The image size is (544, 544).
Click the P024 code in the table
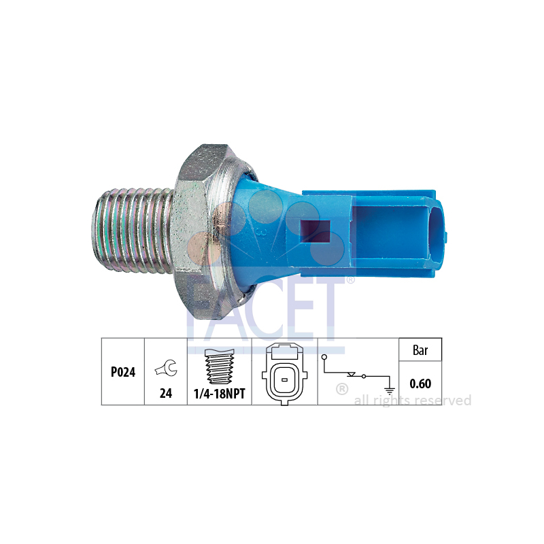[x=123, y=372]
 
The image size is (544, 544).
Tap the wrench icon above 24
[x=166, y=368]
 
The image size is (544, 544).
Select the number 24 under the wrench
[x=166, y=393]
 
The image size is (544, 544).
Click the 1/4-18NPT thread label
[x=219, y=394]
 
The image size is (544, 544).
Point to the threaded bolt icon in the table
[x=220, y=367]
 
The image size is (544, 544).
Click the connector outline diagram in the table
[x=284, y=375]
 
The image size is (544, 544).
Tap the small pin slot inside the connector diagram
[x=284, y=380]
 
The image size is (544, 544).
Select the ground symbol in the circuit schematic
[x=390, y=390]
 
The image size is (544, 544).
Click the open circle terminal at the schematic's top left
[x=324, y=357]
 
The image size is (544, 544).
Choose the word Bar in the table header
[x=420, y=350]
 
